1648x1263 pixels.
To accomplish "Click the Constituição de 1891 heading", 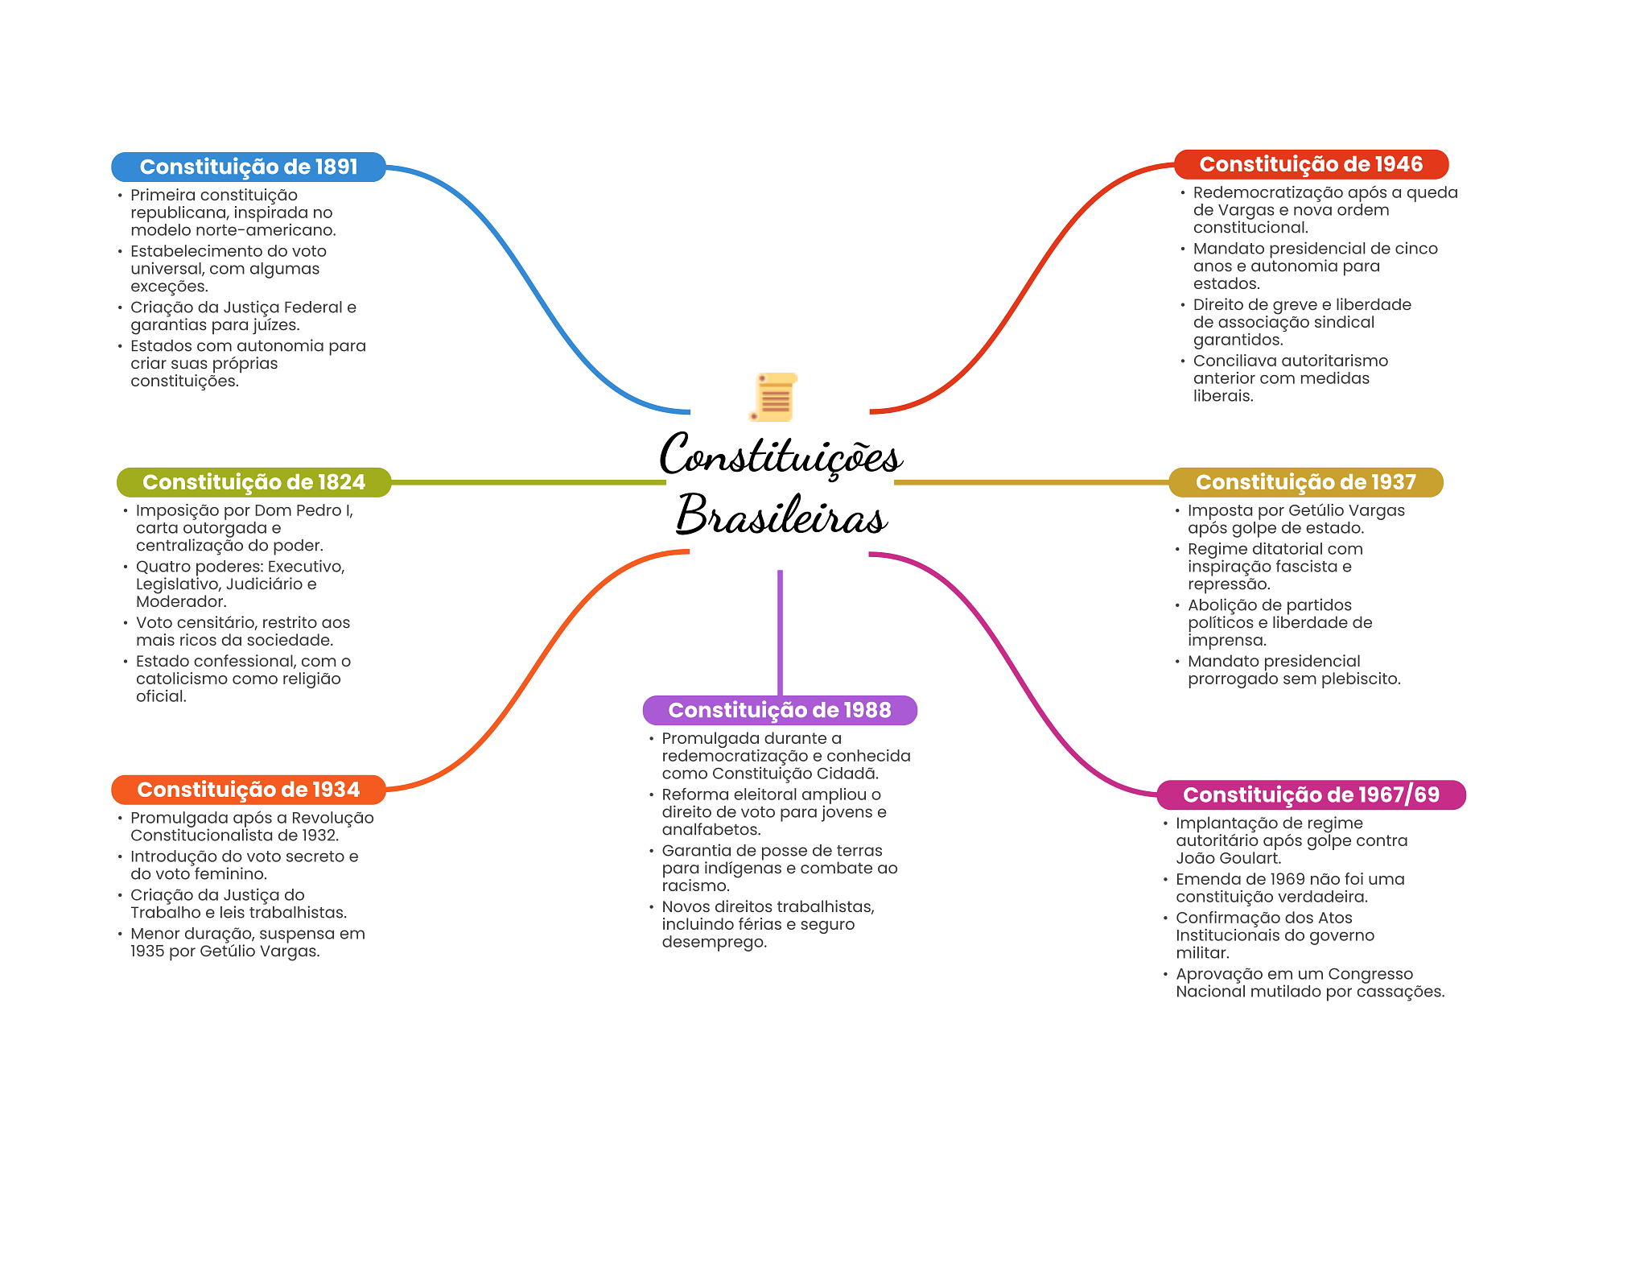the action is [x=248, y=167].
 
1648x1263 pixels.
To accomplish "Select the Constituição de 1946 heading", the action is [x=1311, y=164].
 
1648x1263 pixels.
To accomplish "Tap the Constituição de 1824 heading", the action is [x=253, y=482].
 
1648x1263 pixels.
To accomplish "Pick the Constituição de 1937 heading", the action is [x=1305, y=482].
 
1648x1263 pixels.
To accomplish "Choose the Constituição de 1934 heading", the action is [x=248, y=790].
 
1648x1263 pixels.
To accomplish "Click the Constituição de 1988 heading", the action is [x=779, y=710].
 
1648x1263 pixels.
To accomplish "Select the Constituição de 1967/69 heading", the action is [x=1311, y=795].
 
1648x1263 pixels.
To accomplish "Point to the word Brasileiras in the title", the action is [x=781, y=515].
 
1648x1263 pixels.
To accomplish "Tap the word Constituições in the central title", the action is [x=781, y=456].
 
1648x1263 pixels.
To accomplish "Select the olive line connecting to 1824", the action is [x=527, y=482].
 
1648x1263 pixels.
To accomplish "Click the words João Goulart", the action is [x=1228, y=858].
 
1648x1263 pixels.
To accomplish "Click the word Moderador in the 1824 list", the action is [x=180, y=602].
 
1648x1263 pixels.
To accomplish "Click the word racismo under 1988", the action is [x=694, y=886].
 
